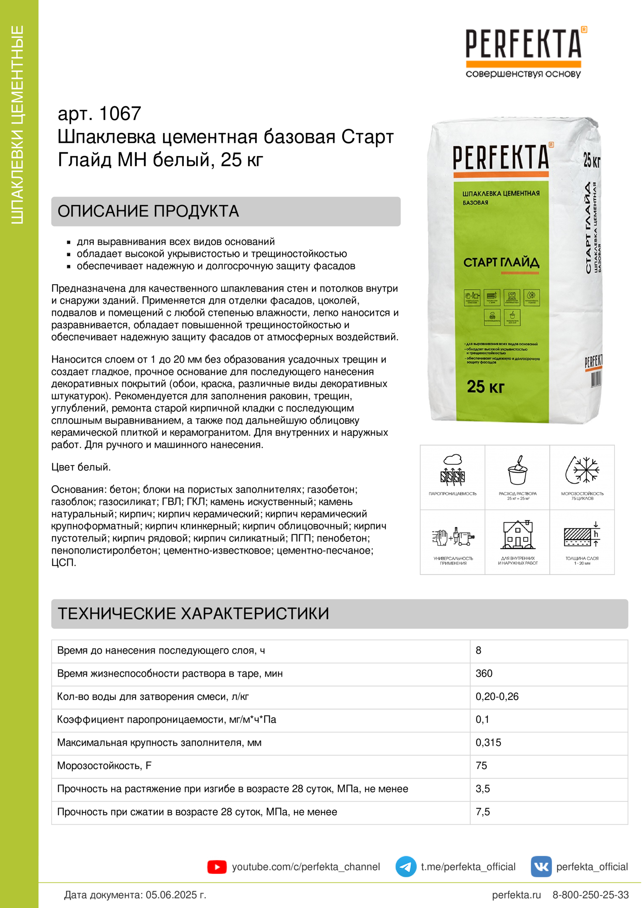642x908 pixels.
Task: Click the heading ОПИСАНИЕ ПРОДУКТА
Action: [148, 211]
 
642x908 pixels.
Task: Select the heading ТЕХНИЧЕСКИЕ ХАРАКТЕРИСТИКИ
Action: [193, 613]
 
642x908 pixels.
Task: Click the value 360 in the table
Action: [484, 674]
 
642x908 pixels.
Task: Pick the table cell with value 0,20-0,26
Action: [497, 696]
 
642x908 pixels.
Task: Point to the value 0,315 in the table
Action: [488, 742]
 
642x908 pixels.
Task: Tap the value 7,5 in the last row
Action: [483, 812]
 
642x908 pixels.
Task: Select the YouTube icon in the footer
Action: [217, 867]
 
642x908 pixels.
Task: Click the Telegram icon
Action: [405, 866]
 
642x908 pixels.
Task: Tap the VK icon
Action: [541, 866]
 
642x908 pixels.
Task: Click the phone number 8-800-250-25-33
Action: [590, 895]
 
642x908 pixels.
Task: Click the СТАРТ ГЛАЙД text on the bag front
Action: [501, 262]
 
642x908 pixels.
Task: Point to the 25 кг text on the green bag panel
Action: [485, 387]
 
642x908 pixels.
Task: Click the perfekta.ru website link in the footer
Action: [516, 895]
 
